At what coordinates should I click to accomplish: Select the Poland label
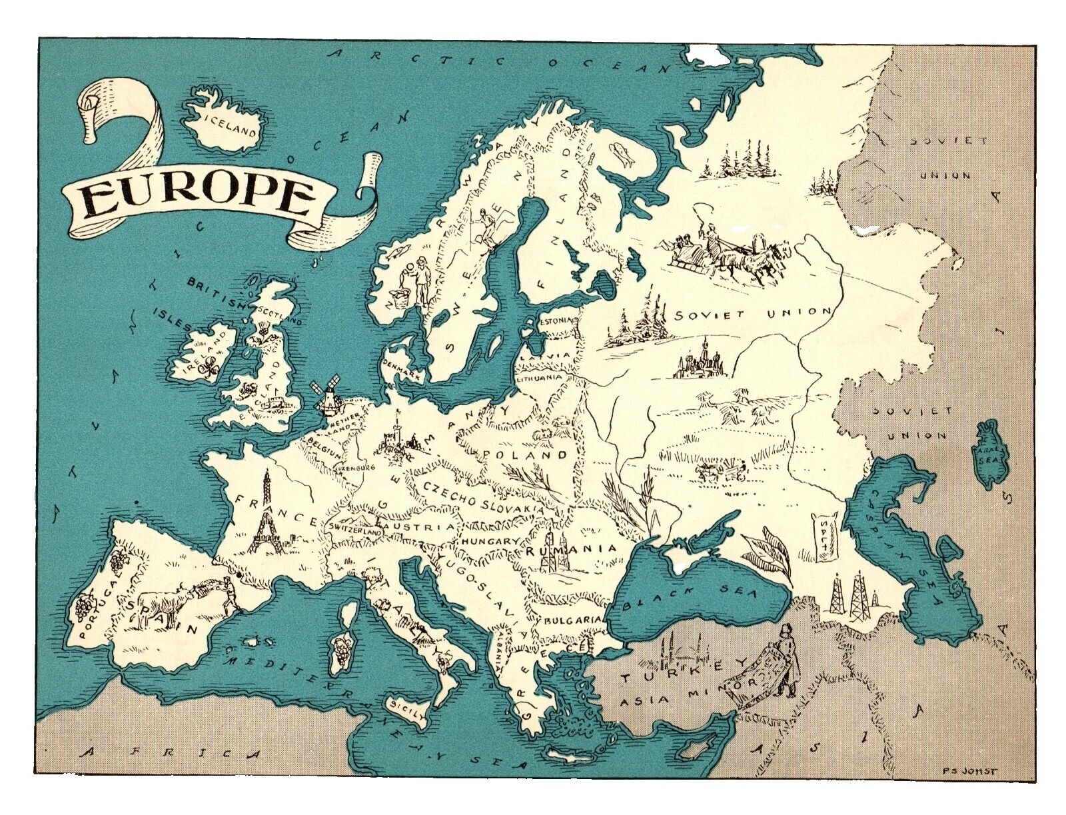coord(527,455)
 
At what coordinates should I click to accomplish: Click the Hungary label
coord(490,541)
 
